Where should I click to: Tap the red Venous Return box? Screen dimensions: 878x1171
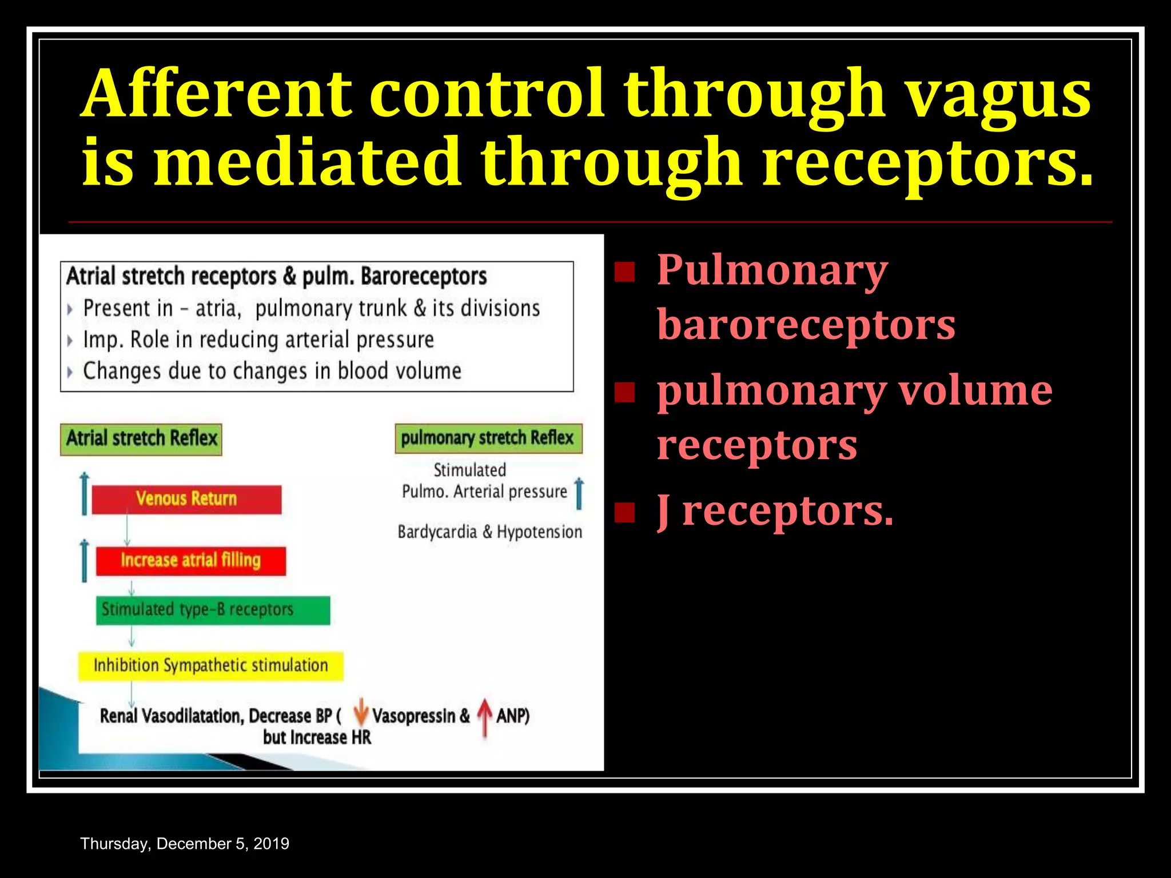pyautogui.click(x=186, y=499)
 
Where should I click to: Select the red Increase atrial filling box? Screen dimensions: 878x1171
pyautogui.click(x=190, y=560)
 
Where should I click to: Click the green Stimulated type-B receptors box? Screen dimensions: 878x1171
pyautogui.click(x=213, y=610)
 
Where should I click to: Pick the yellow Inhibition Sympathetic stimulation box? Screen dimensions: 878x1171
pyautogui.click(x=211, y=665)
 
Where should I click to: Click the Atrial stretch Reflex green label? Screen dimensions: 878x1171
pyautogui.click(x=141, y=439)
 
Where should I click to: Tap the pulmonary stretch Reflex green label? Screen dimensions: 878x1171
pyautogui.click(x=488, y=438)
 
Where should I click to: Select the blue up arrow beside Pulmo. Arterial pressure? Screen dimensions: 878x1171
pyautogui.click(x=579, y=493)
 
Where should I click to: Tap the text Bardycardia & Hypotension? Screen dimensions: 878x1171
pyautogui.click(x=489, y=532)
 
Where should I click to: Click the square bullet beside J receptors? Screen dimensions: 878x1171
pyautogui.click(x=624, y=513)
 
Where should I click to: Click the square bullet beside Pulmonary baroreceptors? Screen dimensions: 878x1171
pyautogui.click(x=624, y=272)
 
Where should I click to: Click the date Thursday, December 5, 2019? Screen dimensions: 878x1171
pyautogui.click(x=185, y=844)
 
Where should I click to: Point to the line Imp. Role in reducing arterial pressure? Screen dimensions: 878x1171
pyautogui.click(x=258, y=340)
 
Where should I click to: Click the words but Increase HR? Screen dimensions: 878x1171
pyautogui.click(x=317, y=738)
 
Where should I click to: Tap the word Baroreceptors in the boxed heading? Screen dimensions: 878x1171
pyautogui.click(x=423, y=277)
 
